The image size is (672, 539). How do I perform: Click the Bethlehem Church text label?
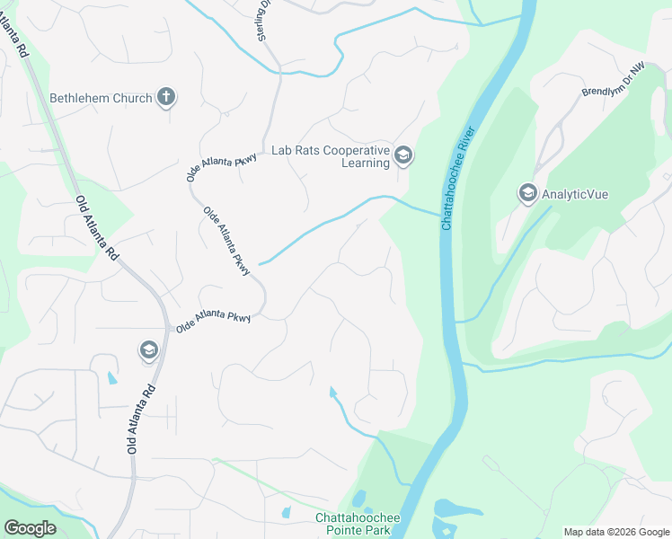101,98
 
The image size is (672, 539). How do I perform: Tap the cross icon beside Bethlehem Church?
165,96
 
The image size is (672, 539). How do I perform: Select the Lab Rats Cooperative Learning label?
331,157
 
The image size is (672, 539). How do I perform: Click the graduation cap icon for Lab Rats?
403,157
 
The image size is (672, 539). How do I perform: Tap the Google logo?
30,528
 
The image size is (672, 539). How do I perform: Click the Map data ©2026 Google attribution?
615,532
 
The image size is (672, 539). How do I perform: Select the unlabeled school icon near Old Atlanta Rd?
149,349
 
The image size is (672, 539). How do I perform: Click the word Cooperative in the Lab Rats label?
356,151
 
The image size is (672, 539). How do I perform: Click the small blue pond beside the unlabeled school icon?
112,378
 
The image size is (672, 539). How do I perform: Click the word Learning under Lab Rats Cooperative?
366,163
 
